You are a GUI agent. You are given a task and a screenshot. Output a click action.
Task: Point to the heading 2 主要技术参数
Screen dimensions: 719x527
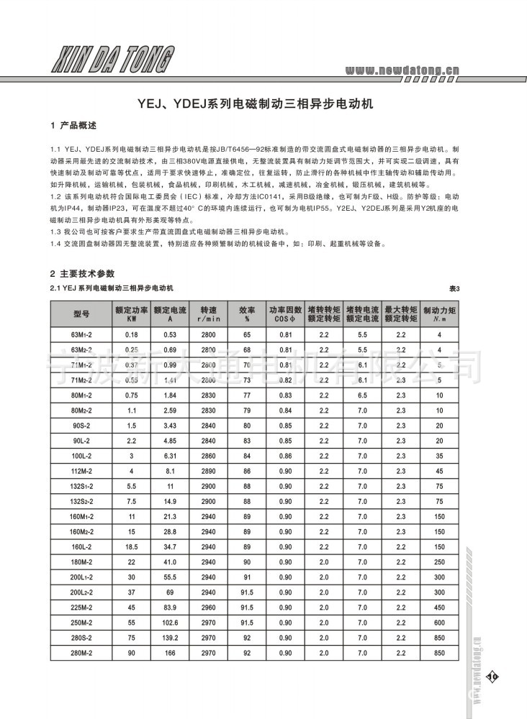82,273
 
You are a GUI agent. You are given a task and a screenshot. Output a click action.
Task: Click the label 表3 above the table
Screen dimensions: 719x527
454,288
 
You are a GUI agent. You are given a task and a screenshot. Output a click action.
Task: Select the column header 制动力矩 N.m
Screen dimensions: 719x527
436,313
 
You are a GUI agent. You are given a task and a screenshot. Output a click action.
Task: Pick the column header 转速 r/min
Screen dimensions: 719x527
209,313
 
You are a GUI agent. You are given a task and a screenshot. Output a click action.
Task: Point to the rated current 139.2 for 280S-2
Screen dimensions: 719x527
170,638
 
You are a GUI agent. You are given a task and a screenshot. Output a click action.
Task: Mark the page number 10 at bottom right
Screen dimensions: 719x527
492,676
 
